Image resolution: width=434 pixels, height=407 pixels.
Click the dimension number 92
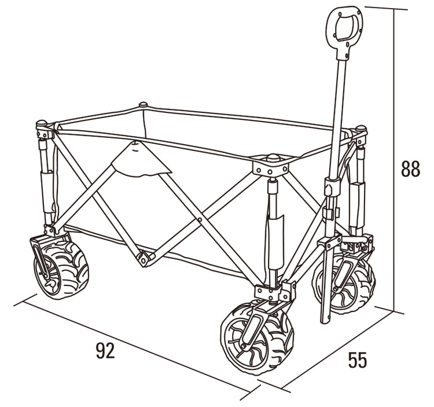[105, 350]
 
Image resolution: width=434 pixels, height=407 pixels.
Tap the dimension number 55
[358, 360]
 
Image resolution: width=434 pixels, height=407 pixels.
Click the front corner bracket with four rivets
[271, 167]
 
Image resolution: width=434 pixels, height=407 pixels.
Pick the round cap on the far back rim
[144, 105]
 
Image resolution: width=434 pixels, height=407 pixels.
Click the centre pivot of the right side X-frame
[200, 219]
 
